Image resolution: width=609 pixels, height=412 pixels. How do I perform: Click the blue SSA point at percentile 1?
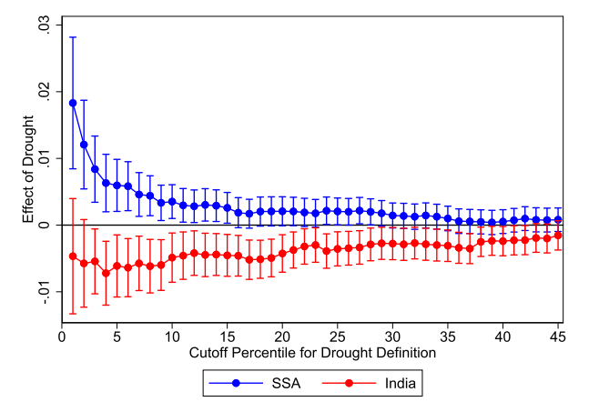coord(73,103)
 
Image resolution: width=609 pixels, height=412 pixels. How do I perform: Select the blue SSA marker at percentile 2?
coord(84,145)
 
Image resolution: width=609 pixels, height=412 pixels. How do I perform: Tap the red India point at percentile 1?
coord(73,256)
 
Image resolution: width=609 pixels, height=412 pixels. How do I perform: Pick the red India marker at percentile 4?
coord(106,273)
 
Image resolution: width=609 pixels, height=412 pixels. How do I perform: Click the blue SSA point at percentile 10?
coord(172,202)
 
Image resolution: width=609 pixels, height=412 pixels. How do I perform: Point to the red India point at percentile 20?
coord(282,253)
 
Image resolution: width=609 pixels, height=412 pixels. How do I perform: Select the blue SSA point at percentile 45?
coord(558,219)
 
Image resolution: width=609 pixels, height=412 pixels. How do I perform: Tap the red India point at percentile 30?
coord(392,244)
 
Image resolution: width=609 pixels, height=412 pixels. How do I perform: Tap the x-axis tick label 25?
coord(338,336)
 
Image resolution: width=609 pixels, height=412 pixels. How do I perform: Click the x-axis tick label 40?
coord(502,336)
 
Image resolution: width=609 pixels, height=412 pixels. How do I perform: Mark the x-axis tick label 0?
coord(62,336)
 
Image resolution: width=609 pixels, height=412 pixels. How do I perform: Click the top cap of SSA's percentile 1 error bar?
coord(73,37)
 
